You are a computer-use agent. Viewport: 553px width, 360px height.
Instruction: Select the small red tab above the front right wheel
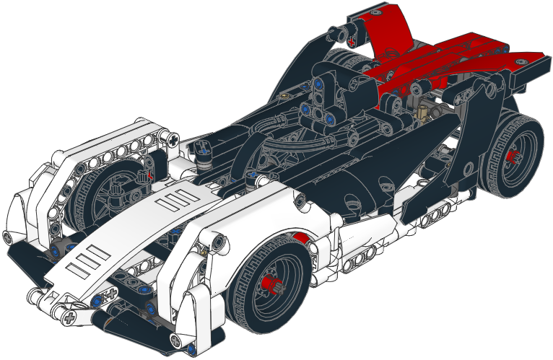point(302,239)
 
